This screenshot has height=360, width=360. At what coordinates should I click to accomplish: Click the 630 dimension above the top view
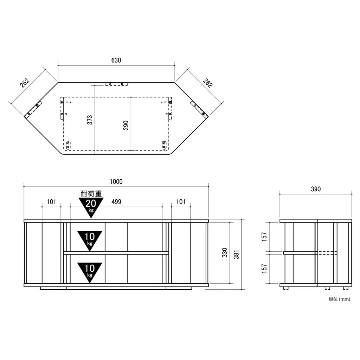click(x=116, y=60)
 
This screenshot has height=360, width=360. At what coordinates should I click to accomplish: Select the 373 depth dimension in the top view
click(x=90, y=120)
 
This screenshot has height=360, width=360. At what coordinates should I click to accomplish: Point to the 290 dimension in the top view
click(x=126, y=126)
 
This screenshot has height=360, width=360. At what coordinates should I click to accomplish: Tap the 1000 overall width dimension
click(x=116, y=182)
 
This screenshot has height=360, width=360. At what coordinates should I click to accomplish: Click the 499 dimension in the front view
click(x=116, y=202)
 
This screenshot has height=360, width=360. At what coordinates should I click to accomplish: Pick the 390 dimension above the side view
click(x=316, y=189)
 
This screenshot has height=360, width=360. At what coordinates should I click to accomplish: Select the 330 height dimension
click(x=225, y=252)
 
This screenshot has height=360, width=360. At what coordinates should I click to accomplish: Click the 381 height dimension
click(x=237, y=255)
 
